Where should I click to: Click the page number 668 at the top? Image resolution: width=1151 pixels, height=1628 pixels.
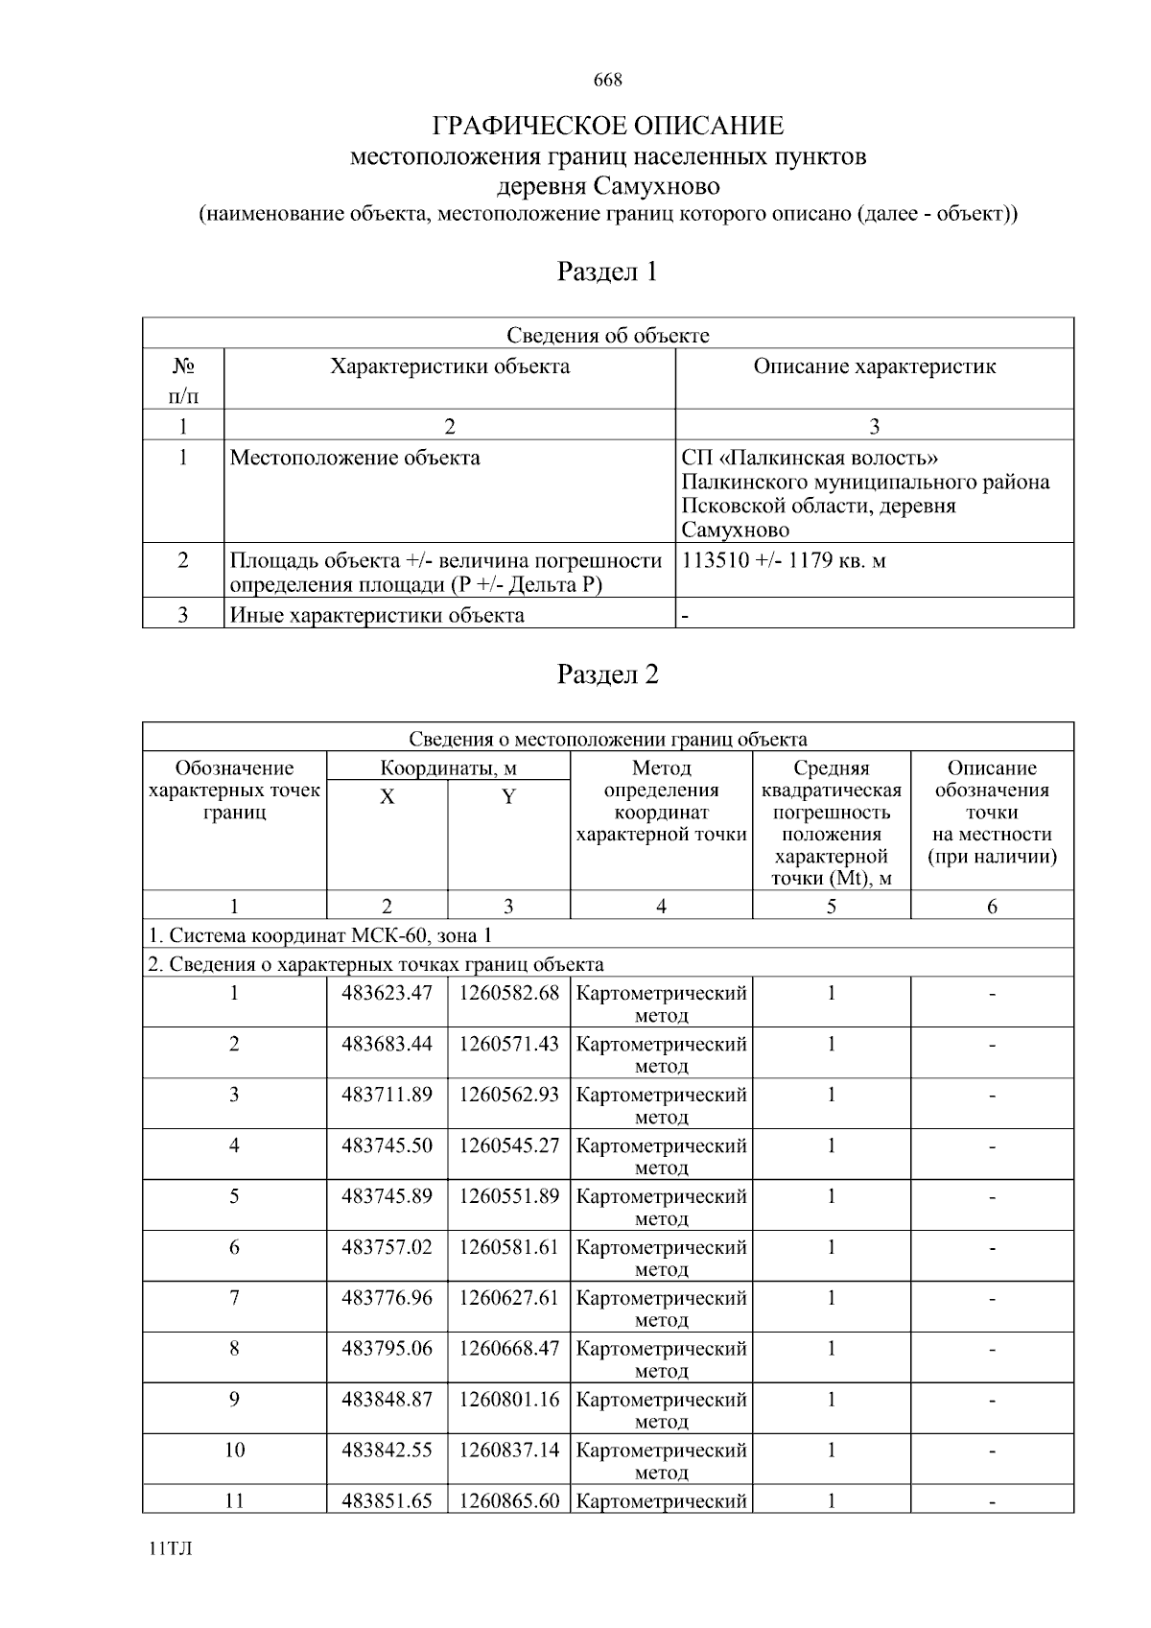click(608, 81)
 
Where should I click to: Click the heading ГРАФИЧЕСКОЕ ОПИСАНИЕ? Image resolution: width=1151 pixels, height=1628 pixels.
click(608, 126)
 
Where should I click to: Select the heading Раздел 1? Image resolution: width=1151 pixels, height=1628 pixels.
click(608, 272)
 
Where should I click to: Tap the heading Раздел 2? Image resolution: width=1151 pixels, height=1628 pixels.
click(608, 675)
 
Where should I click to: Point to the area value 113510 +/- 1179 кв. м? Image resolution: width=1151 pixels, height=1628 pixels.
click(784, 561)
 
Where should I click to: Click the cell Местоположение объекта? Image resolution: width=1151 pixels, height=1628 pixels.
click(355, 459)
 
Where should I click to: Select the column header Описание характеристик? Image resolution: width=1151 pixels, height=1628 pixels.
click(874, 366)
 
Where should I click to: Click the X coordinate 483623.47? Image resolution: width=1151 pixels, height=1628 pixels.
click(387, 993)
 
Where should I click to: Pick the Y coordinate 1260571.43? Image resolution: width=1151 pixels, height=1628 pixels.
click(508, 1044)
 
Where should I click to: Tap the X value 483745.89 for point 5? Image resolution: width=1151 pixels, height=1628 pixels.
click(387, 1196)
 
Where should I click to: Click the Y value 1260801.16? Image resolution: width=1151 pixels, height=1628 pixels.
click(508, 1400)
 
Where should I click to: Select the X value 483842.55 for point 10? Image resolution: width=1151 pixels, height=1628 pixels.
click(387, 1451)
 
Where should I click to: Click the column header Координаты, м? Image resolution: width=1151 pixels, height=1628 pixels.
click(448, 768)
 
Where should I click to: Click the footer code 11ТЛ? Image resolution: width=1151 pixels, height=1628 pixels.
click(171, 1549)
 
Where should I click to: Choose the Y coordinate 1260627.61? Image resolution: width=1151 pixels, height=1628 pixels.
click(508, 1298)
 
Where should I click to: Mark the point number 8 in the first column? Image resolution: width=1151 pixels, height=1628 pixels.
click(234, 1349)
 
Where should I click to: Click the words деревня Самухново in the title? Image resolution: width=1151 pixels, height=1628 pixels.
click(608, 185)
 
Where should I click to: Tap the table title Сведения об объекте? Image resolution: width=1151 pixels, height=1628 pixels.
click(608, 335)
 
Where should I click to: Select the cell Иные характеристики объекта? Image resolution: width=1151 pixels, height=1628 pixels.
click(377, 615)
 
